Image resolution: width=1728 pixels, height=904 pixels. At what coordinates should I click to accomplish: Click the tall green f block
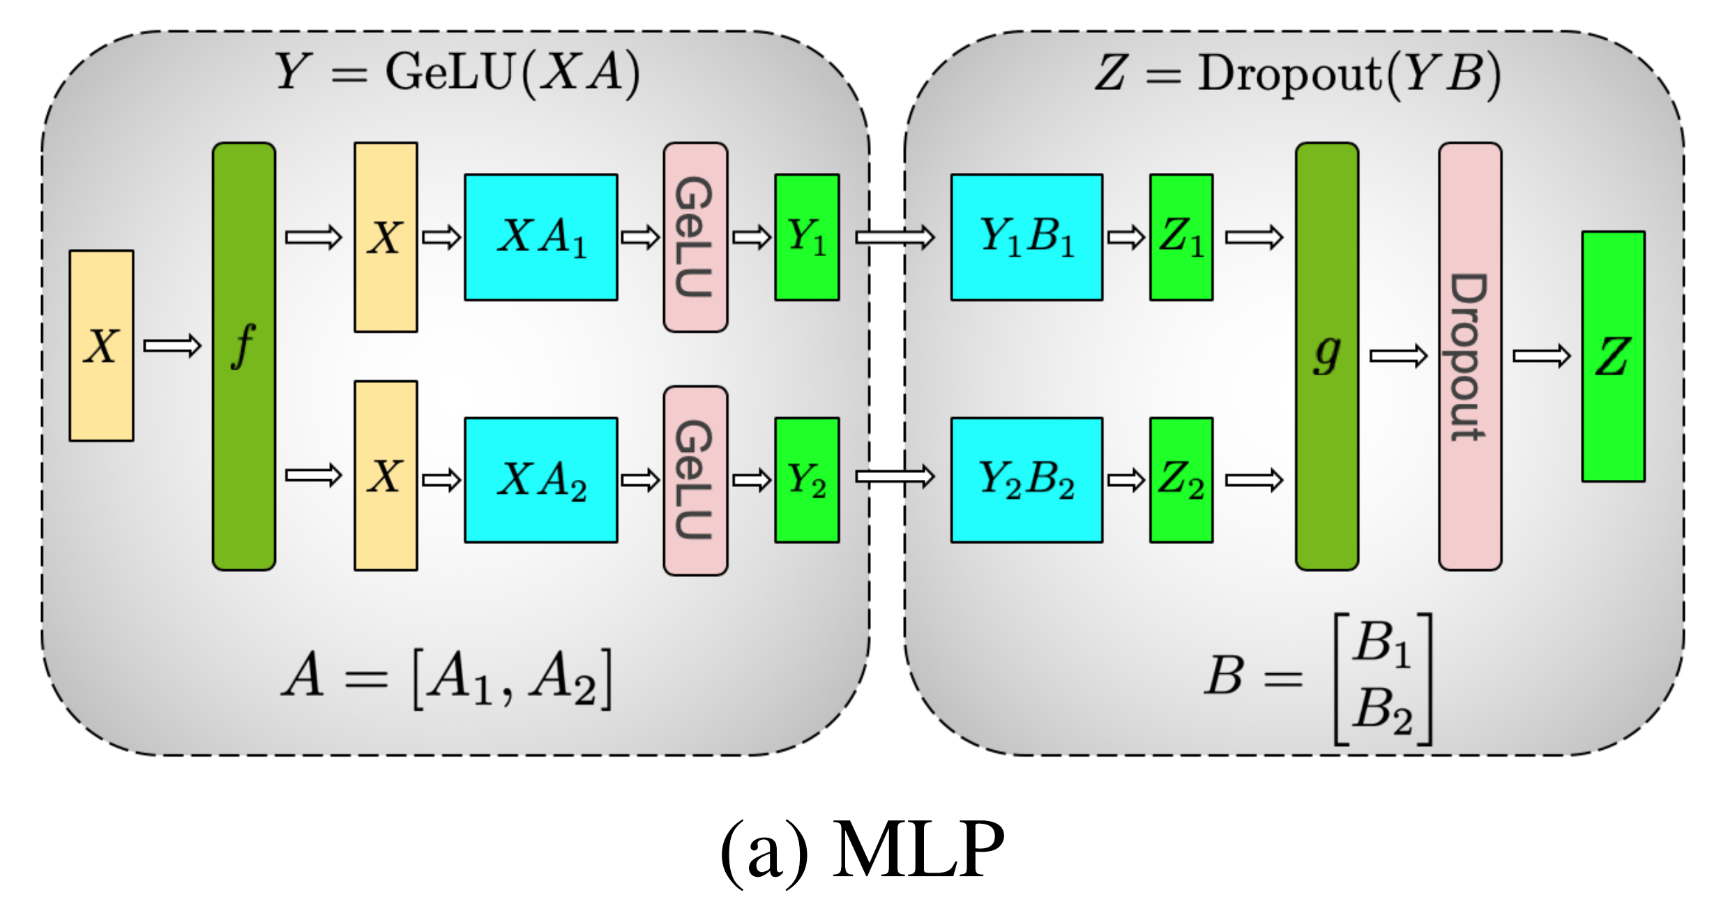point(244,356)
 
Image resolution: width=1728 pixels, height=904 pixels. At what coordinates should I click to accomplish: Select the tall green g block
point(1327,356)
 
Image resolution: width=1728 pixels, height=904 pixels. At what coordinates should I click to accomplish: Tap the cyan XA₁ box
point(541,237)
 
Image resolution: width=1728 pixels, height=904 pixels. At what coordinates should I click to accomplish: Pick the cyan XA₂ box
point(541,480)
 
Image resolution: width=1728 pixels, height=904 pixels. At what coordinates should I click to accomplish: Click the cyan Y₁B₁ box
point(1026,237)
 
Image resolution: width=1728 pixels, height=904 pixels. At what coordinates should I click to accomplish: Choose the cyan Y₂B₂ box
point(1026,480)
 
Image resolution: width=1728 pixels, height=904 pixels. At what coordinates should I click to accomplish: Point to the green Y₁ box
point(807,237)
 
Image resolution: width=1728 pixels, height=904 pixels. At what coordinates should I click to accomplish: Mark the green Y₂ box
point(807,480)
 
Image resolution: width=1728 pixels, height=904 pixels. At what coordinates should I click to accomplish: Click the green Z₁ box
point(1181,237)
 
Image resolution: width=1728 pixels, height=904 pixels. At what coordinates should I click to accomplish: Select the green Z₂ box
point(1181,480)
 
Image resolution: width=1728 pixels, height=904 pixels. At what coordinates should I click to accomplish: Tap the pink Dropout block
point(1470,356)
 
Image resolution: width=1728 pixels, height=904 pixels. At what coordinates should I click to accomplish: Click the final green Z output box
point(1614,356)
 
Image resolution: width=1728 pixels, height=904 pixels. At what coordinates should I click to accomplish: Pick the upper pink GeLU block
point(695,237)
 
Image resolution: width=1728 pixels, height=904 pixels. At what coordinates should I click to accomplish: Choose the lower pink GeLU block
point(695,481)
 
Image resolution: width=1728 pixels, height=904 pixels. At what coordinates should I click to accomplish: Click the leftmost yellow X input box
point(102,346)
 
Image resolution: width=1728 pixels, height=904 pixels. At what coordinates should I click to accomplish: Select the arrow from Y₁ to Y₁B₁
point(895,237)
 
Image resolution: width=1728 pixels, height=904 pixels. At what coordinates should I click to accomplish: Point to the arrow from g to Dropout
point(1398,356)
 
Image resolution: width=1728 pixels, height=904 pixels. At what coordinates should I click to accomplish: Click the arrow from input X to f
point(172,346)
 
